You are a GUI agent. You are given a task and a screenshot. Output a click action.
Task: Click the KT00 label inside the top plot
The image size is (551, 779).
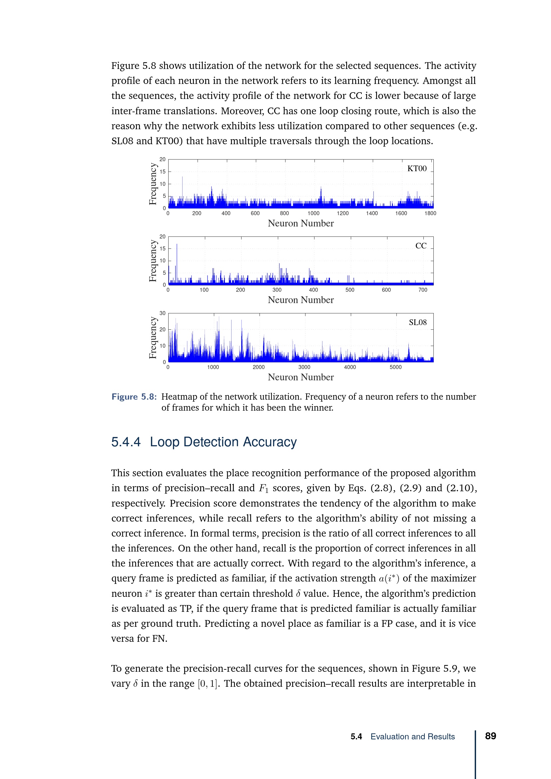417,169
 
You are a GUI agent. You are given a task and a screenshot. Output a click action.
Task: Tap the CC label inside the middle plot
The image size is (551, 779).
421,246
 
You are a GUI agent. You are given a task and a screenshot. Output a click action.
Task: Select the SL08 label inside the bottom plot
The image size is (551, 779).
417,322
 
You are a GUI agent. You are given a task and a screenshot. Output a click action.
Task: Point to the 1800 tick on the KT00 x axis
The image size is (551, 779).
430,213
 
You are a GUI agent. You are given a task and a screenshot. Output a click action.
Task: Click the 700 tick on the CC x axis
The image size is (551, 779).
422,290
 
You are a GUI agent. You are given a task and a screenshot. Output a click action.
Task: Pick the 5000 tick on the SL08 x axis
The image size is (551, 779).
395,367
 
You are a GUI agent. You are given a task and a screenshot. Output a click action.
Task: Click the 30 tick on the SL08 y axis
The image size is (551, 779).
163,313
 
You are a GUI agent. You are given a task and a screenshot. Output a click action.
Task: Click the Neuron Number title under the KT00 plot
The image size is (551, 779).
300,223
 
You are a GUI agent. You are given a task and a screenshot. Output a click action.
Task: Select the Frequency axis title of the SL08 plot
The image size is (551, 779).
153,338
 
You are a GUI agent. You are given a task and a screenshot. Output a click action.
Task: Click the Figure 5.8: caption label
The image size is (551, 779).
134,397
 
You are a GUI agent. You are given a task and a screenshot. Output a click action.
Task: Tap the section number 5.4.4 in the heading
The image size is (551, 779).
126,442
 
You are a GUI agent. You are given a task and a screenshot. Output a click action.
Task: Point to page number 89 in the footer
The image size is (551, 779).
490,736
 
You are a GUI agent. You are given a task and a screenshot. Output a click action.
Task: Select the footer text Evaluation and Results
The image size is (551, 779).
412,737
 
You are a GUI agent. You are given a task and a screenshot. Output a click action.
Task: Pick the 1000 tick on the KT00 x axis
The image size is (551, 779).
313,213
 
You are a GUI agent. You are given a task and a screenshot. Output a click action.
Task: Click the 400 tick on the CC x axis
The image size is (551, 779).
313,290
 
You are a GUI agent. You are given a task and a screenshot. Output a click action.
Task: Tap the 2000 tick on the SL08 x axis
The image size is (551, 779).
259,367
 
